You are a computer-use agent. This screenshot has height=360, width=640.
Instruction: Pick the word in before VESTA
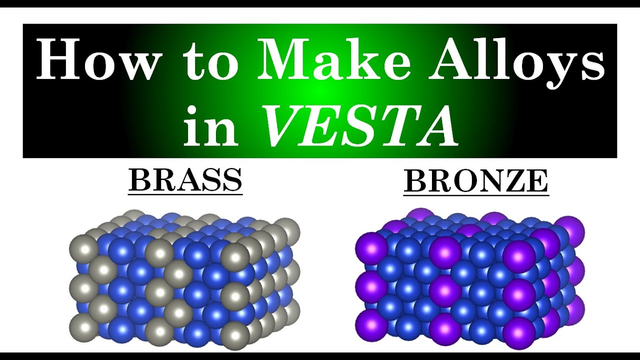tap(210, 125)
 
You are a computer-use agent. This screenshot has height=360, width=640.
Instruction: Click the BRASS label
tap(185, 180)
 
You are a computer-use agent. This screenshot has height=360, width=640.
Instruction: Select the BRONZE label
tap(476, 181)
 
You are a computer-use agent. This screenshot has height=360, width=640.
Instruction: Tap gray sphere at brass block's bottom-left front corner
tap(84, 328)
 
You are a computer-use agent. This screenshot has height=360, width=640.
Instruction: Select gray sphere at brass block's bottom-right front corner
tap(235, 335)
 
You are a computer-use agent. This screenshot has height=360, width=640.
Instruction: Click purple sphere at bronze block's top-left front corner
tap(371, 248)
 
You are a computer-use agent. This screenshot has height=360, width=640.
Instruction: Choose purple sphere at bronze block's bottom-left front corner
tap(371, 325)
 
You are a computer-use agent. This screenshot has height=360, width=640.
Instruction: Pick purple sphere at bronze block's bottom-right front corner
tap(519, 333)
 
